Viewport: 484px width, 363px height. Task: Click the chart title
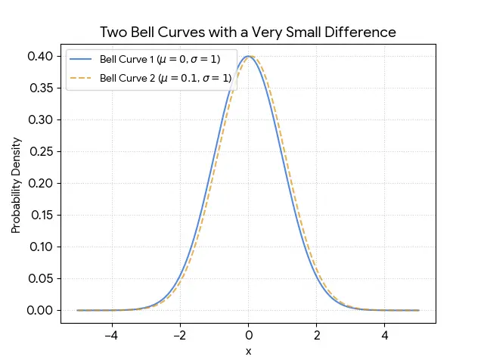248,33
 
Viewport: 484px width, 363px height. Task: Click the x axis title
248,352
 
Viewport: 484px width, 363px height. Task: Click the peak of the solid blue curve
248,56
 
